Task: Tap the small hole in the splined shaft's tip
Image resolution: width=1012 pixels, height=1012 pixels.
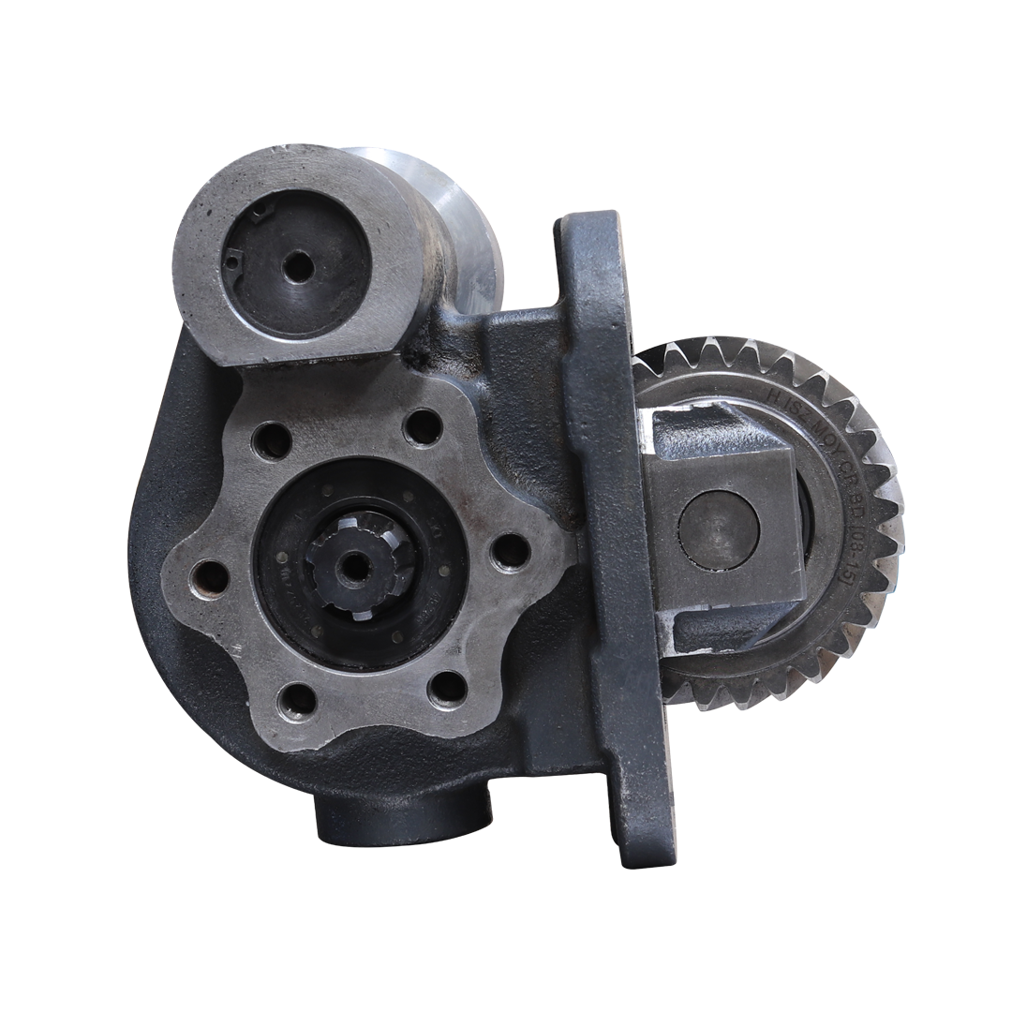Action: pyautogui.click(x=353, y=566)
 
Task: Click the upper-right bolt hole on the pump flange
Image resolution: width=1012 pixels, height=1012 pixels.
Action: pyautogui.click(x=423, y=427)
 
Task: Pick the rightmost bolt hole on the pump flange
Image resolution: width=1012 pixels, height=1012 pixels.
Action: pyautogui.click(x=510, y=552)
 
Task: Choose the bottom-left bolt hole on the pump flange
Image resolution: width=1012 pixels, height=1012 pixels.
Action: pyautogui.click(x=297, y=701)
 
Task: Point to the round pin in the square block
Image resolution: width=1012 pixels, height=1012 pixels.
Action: pyautogui.click(x=718, y=529)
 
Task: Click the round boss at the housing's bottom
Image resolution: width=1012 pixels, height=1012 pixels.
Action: pyautogui.click(x=403, y=815)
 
